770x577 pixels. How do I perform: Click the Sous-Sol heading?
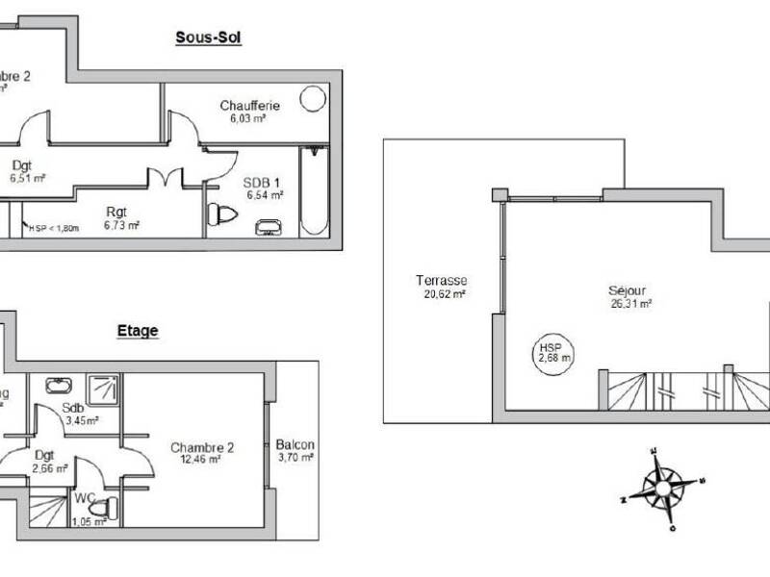pos(208,38)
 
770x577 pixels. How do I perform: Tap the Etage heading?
pos(138,331)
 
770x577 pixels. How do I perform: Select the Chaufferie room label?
pos(249,105)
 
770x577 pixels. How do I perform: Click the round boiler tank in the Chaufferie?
pos(314,99)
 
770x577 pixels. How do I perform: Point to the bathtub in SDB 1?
pos(315,192)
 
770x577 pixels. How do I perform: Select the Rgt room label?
pos(116,212)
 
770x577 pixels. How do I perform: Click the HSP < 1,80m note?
pos(54,228)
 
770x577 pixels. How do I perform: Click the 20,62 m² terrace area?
pos(444,294)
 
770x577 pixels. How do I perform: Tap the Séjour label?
pos(626,289)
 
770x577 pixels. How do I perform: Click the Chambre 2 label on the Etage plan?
pos(202,447)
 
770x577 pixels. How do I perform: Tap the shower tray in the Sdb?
pos(102,389)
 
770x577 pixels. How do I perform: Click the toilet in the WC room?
pos(109,507)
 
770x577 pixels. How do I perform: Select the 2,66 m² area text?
pos(49,469)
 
